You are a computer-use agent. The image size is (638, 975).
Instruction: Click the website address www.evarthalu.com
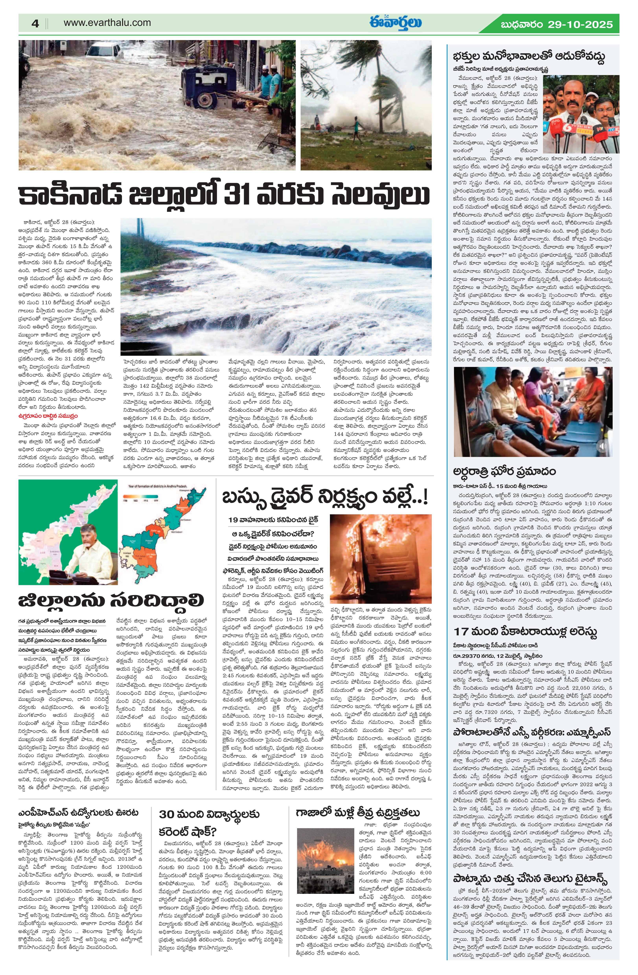[107, 23]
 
